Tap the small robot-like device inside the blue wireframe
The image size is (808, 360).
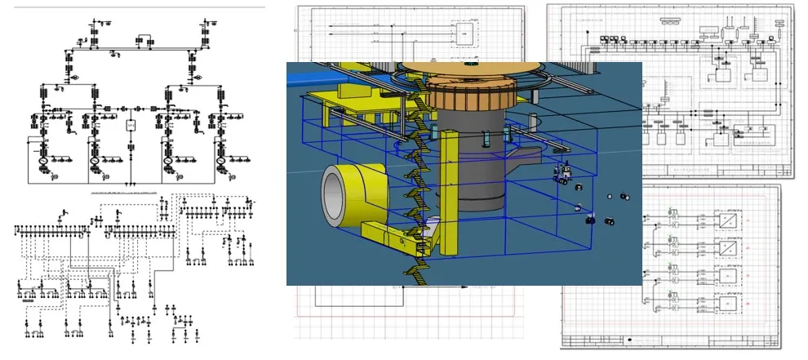point(562,172)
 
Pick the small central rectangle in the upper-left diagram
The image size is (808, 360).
point(130,126)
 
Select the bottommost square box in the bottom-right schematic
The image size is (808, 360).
point(725,302)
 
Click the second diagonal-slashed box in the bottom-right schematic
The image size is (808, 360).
point(725,247)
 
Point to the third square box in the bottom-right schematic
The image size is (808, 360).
point(725,275)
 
